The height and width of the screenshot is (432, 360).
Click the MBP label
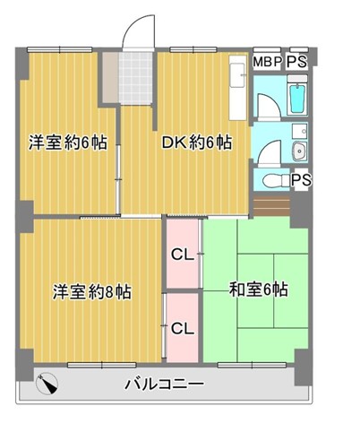point(268,62)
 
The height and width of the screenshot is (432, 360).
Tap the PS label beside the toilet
point(301,180)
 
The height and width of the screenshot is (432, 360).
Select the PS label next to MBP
point(297,62)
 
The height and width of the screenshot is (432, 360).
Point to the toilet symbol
point(274,180)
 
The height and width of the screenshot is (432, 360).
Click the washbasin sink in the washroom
point(300,151)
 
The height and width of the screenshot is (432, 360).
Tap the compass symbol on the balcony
point(47,384)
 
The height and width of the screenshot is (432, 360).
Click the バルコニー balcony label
point(164,384)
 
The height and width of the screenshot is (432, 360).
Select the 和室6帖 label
point(258,289)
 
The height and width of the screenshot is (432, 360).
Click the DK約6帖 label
point(197,143)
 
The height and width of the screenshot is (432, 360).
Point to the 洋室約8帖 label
point(92,291)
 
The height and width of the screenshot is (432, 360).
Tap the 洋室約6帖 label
point(68,143)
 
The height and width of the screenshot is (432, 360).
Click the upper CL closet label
point(183,255)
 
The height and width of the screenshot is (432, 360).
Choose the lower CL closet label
point(183,329)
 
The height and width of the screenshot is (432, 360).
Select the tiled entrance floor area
point(135,78)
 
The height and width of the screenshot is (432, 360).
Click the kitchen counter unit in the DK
point(238,88)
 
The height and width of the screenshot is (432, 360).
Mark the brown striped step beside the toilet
point(271,205)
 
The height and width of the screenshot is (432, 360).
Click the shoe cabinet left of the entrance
point(110,78)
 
